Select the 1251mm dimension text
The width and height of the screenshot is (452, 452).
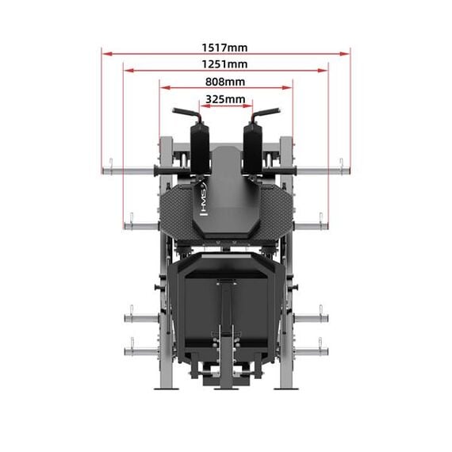[225, 63]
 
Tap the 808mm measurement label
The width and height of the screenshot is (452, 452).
[225, 81]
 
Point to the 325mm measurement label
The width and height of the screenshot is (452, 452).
[225, 99]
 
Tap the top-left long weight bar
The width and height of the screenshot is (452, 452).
[131, 168]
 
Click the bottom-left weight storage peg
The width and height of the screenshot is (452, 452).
[140, 347]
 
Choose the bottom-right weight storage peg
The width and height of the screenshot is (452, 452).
[311, 347]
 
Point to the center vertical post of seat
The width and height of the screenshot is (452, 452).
[226, 317]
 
